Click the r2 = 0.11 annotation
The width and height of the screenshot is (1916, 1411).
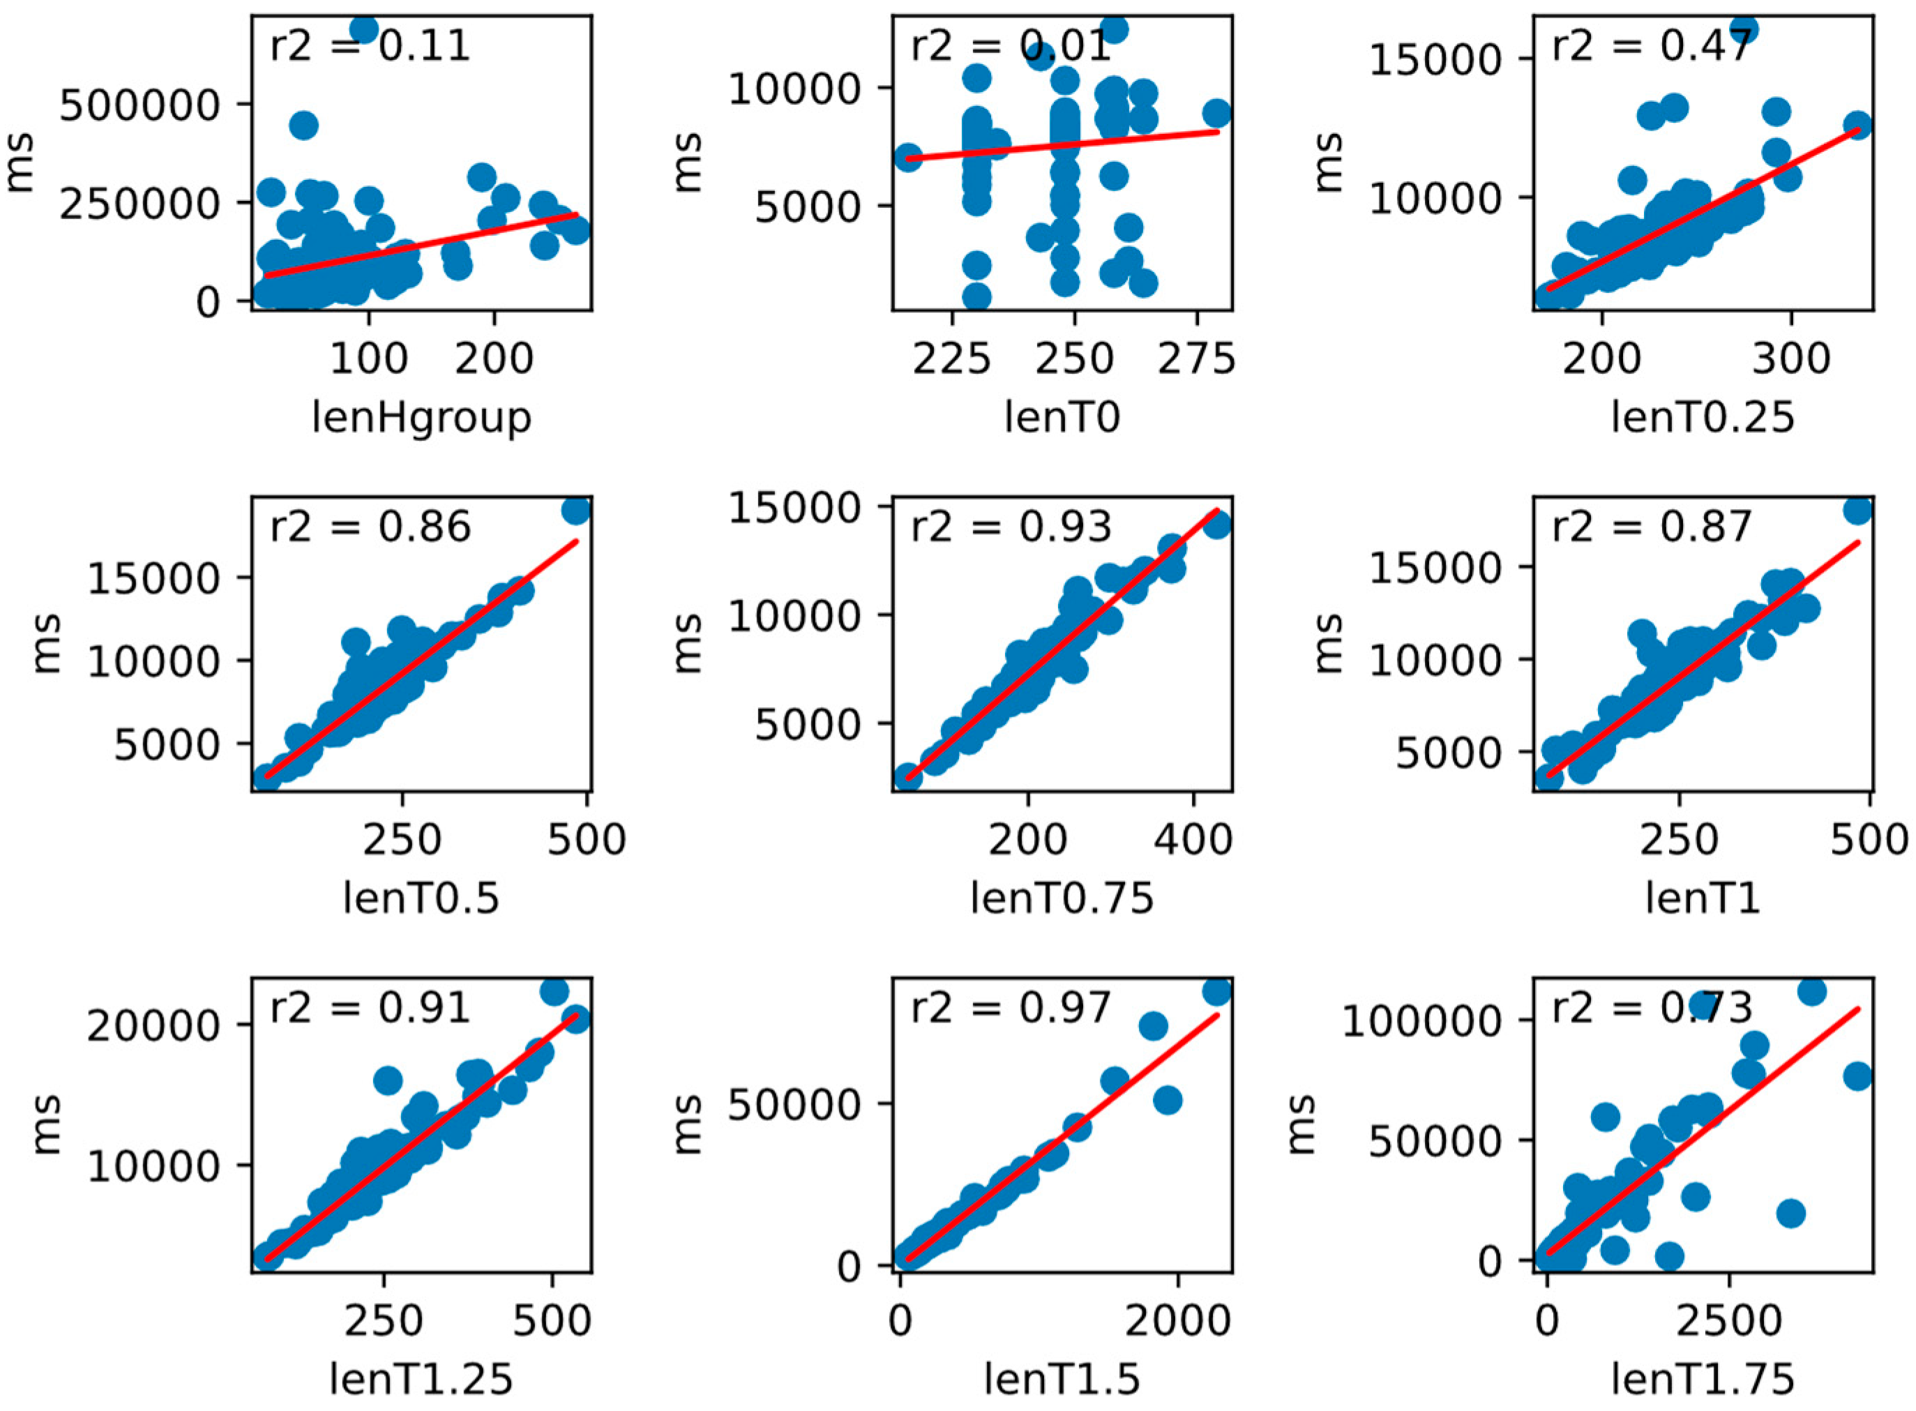point(369,45)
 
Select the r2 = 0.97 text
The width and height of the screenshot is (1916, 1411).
point(1011,1009)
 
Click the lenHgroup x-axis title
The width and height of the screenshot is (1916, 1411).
point(421,418)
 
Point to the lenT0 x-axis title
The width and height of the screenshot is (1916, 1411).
point(1062,418)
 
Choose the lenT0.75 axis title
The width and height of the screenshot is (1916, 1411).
point(1062,898)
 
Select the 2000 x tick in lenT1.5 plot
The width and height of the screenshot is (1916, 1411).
point(1178,1320)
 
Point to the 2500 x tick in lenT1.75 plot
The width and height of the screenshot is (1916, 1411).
point(1729,1320)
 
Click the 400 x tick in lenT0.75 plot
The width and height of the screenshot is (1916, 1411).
point(1193,840)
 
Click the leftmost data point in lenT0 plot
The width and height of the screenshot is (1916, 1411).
point(908,157)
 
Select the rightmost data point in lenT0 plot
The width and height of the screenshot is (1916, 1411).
point(1217,114)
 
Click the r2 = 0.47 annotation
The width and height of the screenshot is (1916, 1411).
point(1651,45)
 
